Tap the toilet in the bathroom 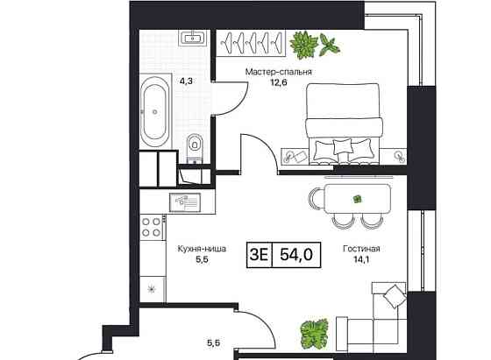(x=195, y=142)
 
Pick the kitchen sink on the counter (x=186, y=201)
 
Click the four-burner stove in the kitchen (x=152, y=228)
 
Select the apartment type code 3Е (x=260, y=255)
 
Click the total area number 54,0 (x=295, y=255)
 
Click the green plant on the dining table (x=358, y=199)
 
